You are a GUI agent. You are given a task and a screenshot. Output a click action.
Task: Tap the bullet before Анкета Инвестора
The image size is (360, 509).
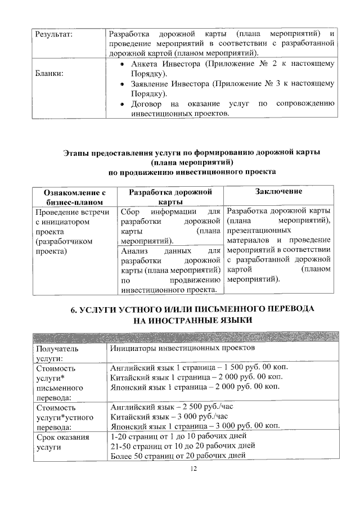click(122, 65)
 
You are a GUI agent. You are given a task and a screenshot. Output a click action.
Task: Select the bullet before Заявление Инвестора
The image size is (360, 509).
click(122, 84)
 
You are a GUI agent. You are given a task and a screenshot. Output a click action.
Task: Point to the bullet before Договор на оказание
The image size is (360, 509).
click(122, 104)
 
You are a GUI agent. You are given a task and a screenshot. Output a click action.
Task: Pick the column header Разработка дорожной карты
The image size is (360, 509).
click(169, 197)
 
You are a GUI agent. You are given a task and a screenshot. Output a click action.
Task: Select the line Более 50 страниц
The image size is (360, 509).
click(178, 455)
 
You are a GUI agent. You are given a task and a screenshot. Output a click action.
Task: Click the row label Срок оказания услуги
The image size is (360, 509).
click(61, 442)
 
